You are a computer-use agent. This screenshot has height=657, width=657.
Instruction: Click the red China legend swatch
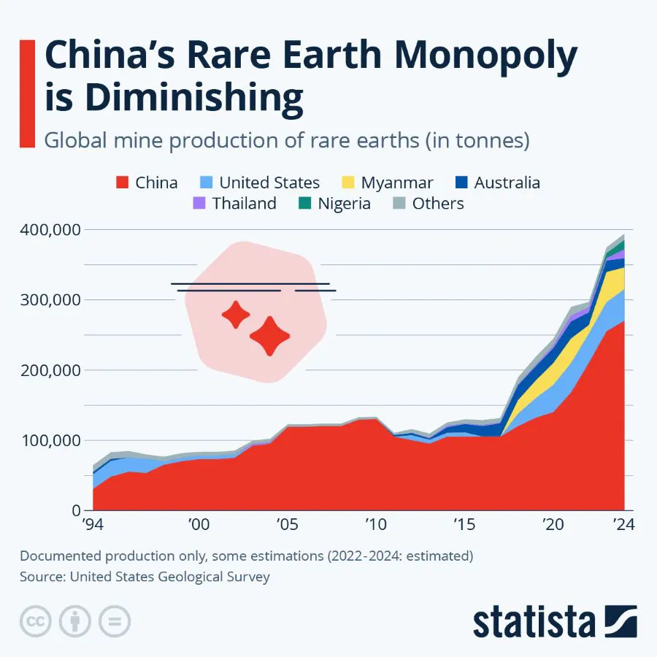[122, 182]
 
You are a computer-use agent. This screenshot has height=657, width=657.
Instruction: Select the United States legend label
[269, 182]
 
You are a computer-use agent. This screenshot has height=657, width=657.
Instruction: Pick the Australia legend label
[507, 182]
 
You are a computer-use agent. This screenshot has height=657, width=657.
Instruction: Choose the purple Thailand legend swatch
[199, 204]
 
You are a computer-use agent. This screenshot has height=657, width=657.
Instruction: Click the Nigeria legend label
[344, 204]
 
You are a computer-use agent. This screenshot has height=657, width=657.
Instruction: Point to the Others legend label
[438, 204]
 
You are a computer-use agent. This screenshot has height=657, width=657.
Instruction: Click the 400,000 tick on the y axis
[47, 230]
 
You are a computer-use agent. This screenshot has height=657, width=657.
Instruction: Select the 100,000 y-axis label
[47, 440]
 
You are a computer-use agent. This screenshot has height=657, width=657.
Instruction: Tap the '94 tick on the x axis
[93, 525]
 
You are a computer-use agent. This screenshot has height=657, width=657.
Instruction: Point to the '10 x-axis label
[374, 525]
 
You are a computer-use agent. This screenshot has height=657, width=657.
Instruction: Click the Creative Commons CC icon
[34, 621]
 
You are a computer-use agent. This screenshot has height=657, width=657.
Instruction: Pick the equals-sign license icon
[114, 621]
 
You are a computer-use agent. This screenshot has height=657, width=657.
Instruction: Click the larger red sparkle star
[269, 336]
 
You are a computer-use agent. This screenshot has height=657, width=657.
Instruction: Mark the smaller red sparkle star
[236, 315]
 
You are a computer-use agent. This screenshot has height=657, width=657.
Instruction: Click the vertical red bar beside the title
[27, 93]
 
